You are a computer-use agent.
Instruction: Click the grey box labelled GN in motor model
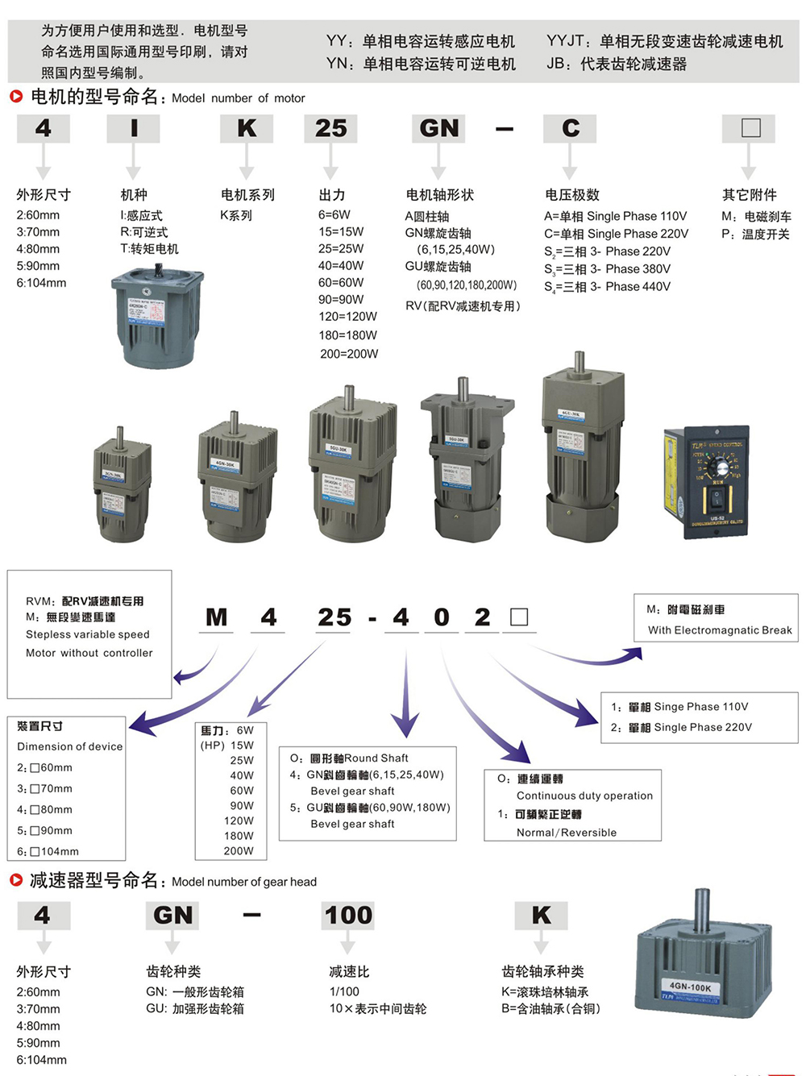[439, 129]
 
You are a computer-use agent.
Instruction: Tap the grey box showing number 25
[330, 129]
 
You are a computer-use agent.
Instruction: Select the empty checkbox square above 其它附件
[750, 128]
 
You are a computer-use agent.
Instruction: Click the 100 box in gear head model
[348, 916]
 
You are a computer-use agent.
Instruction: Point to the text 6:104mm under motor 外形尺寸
[41, 283]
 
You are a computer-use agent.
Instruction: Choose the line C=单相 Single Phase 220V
[616, 234]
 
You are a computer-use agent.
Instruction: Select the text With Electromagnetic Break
[720, 630]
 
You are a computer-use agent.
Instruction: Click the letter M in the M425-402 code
[217, 617]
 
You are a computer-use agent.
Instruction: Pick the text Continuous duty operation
[584, 796]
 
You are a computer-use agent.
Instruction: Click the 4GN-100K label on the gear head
[690, 987]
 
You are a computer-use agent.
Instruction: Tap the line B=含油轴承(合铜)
[550, 1009]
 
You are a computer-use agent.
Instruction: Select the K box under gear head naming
[541, 916]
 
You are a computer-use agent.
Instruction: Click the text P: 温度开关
[755, 234]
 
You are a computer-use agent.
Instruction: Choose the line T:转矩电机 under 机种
[149, 249]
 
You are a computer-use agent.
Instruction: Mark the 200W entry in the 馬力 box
[239, 851]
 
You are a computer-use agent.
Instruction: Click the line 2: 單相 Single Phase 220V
[681, 727]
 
